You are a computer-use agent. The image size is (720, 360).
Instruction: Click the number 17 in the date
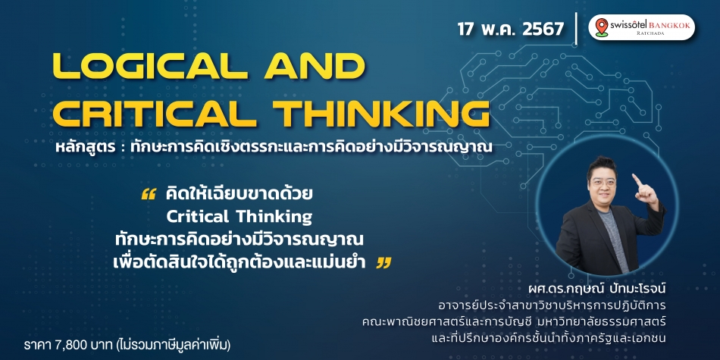467,29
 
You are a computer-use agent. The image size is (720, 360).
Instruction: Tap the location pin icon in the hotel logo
601,27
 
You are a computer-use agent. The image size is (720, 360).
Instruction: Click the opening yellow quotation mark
149,194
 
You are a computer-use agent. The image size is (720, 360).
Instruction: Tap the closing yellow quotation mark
383,263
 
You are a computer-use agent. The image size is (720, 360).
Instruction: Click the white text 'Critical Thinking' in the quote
239,216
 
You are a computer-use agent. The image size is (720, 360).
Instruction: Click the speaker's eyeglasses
603,181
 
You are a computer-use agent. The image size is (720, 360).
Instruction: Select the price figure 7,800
64,343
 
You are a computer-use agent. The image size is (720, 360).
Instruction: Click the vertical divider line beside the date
576,29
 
